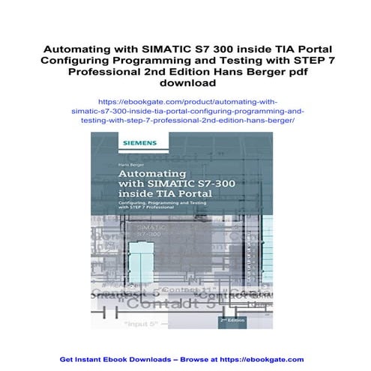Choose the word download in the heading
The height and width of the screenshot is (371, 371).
(x=186, y=83)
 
